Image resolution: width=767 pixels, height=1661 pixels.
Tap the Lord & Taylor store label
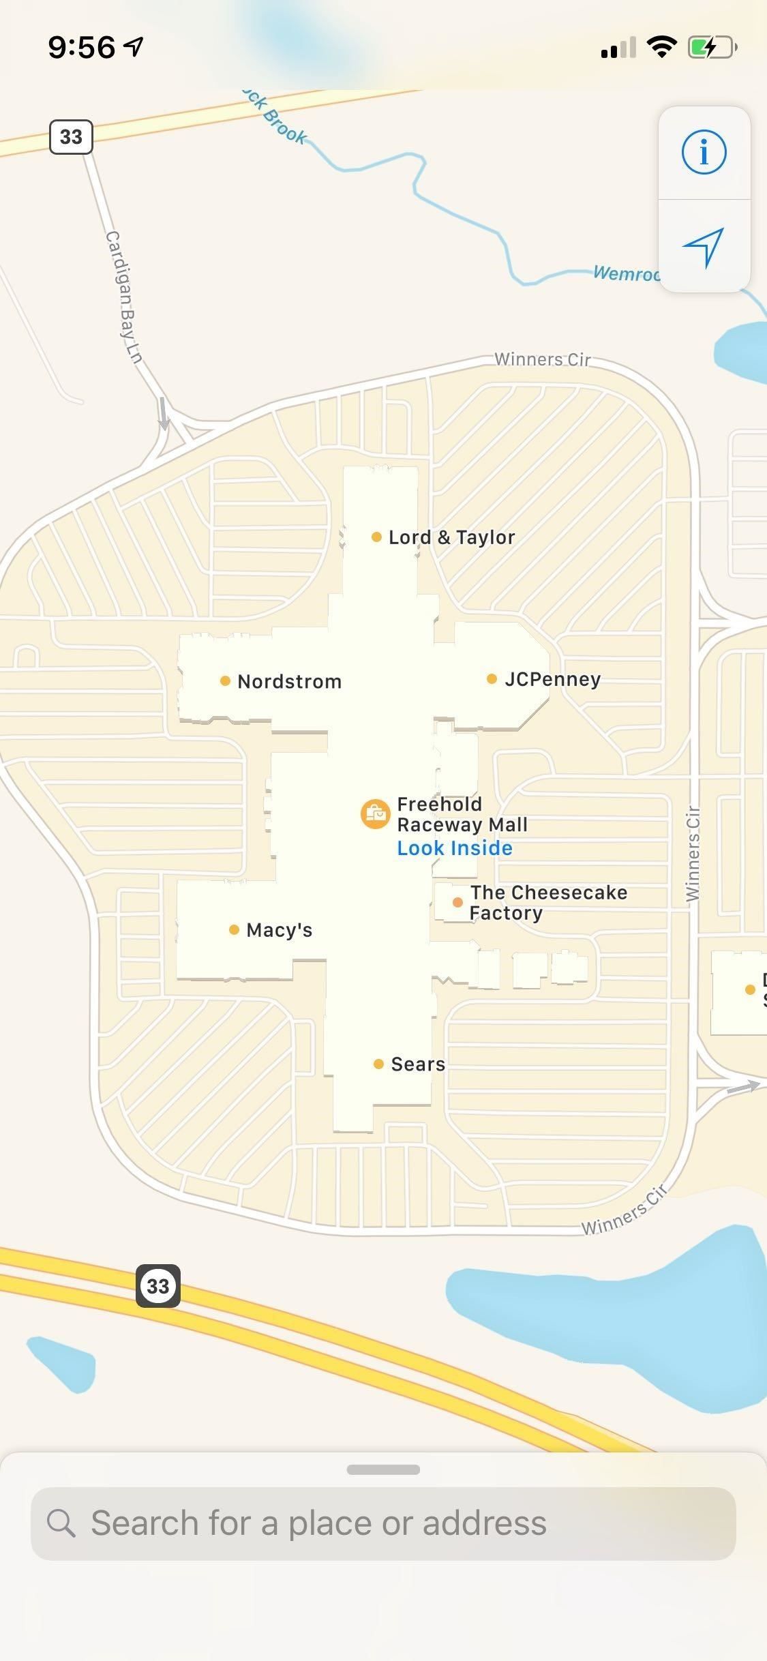click(450, 537)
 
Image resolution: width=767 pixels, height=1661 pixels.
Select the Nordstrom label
click(288, 681)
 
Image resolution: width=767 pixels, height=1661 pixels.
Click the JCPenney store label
click(552, 679)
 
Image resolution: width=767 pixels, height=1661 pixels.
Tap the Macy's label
click(278, 930)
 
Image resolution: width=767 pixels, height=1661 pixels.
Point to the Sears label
click(417, 1064)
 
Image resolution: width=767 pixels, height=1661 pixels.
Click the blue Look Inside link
click(455, 848)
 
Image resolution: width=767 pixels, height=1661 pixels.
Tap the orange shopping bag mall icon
click(375, 814)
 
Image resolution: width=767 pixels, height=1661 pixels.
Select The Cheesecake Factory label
click(547, 903)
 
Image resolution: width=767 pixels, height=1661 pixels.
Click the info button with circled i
click(704, 152)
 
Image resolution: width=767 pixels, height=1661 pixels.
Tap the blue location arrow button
click(704, 247)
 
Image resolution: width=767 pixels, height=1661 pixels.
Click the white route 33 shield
click(71, 137)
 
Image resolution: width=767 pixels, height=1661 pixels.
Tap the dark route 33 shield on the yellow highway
click(158, 1286)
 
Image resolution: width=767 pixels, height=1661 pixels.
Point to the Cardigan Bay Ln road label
click(123, 297)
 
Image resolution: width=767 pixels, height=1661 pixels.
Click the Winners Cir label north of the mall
click(542, 359)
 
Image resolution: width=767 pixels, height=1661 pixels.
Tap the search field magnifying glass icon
click(61, 1523)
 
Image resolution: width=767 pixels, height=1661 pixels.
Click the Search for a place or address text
click(318, 1523)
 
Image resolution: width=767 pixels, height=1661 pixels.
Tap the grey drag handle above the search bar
click(383, 1469)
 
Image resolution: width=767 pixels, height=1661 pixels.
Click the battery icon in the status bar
click(712, 48)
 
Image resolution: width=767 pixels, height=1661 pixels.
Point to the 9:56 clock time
click(82, 48)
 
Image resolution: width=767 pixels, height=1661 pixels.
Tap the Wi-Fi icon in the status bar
click(661, 47)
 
